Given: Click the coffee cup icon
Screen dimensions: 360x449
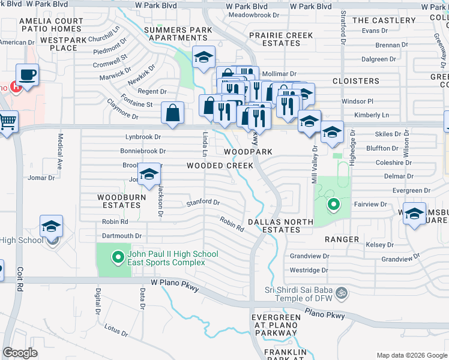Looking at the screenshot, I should (28, 76).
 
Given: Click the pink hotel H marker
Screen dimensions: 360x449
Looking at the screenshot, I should (17, 87).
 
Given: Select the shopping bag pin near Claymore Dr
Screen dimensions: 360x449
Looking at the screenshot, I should (172, 113).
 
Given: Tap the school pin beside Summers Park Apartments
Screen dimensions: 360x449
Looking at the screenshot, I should (204, 58).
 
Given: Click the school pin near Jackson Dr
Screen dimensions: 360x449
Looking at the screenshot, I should (149, 175).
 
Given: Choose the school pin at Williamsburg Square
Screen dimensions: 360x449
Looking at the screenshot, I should (415, 214).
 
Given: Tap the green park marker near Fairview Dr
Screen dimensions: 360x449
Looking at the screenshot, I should (333, 206).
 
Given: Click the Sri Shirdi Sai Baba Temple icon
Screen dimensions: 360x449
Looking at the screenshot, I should (341, 293).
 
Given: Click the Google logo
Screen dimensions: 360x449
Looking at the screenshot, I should (20, 353).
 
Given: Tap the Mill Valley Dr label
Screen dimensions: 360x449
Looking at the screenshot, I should (314, 160).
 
